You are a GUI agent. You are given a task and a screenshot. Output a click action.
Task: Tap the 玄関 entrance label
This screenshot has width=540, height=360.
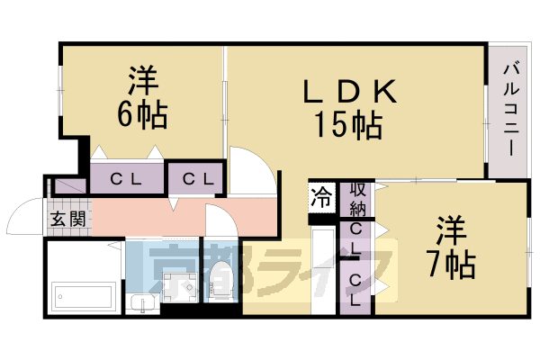(x=67, y=218)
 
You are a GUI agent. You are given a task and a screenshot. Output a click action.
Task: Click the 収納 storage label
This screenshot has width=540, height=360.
(x=356, y=199)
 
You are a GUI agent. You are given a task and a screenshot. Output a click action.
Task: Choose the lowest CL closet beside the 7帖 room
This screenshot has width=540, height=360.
(x=356, y=290)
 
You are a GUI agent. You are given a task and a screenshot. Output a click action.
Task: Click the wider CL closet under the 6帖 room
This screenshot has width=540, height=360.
(x=126, y=178)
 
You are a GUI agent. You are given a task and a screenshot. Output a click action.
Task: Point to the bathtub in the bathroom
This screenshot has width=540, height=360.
(x=83, y=294)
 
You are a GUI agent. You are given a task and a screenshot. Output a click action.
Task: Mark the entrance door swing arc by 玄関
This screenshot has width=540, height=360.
(x=24, y=218)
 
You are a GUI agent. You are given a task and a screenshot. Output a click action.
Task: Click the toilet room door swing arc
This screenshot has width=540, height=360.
(x=219, y=221)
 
